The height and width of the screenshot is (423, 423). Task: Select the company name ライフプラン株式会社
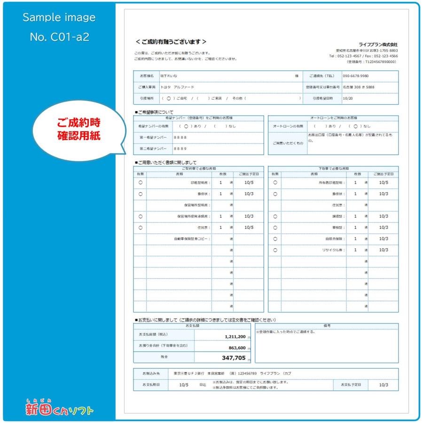point(378,45)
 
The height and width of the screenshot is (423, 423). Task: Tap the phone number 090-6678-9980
point(355,76)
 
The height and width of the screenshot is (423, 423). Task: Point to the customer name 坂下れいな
point(169,76)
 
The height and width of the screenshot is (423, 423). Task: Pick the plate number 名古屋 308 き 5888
point(358,87)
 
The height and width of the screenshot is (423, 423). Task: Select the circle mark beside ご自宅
point(169,99)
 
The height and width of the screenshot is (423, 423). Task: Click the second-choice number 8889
point(180,149)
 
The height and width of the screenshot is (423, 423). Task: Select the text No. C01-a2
point(59,37)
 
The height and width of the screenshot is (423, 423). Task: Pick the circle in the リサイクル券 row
point(275,250)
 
